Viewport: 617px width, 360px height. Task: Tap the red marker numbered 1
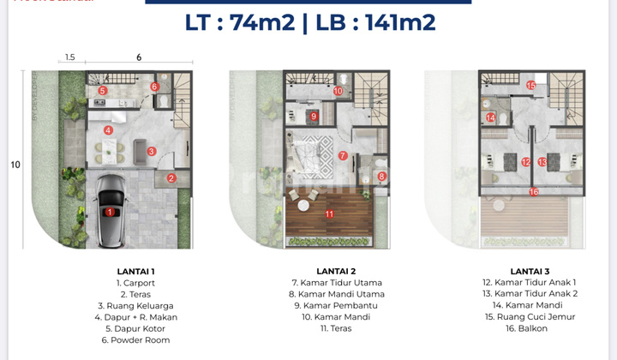pos(109,211)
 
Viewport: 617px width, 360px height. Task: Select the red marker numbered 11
pos(329,213)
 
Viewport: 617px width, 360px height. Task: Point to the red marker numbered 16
pos(534,191)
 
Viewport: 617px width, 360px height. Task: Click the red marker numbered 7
pos(342,156)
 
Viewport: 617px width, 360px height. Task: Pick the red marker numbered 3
pos(151,152)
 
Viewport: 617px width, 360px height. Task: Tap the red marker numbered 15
pos(531,85)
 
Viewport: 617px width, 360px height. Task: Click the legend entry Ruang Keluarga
pos(135,304)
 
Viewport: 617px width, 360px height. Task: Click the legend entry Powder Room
pos(135,339)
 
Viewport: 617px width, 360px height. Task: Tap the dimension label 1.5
pos(70,57)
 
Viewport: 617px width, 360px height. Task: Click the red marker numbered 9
pos(314,117)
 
